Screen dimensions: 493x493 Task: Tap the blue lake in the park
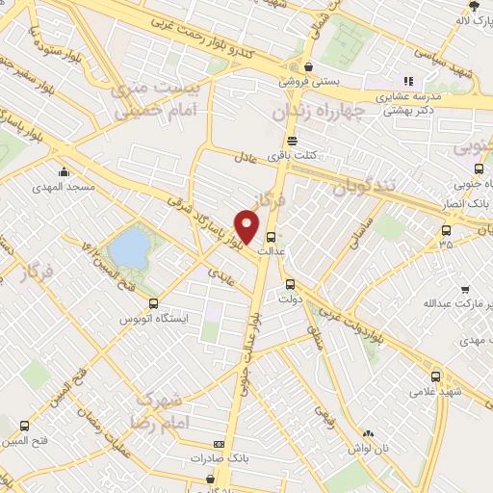(128, 248)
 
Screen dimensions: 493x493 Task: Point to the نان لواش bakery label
(369, 450)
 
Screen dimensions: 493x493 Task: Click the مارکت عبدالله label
(450, 303)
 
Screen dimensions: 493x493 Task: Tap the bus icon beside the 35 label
(446, 229)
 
